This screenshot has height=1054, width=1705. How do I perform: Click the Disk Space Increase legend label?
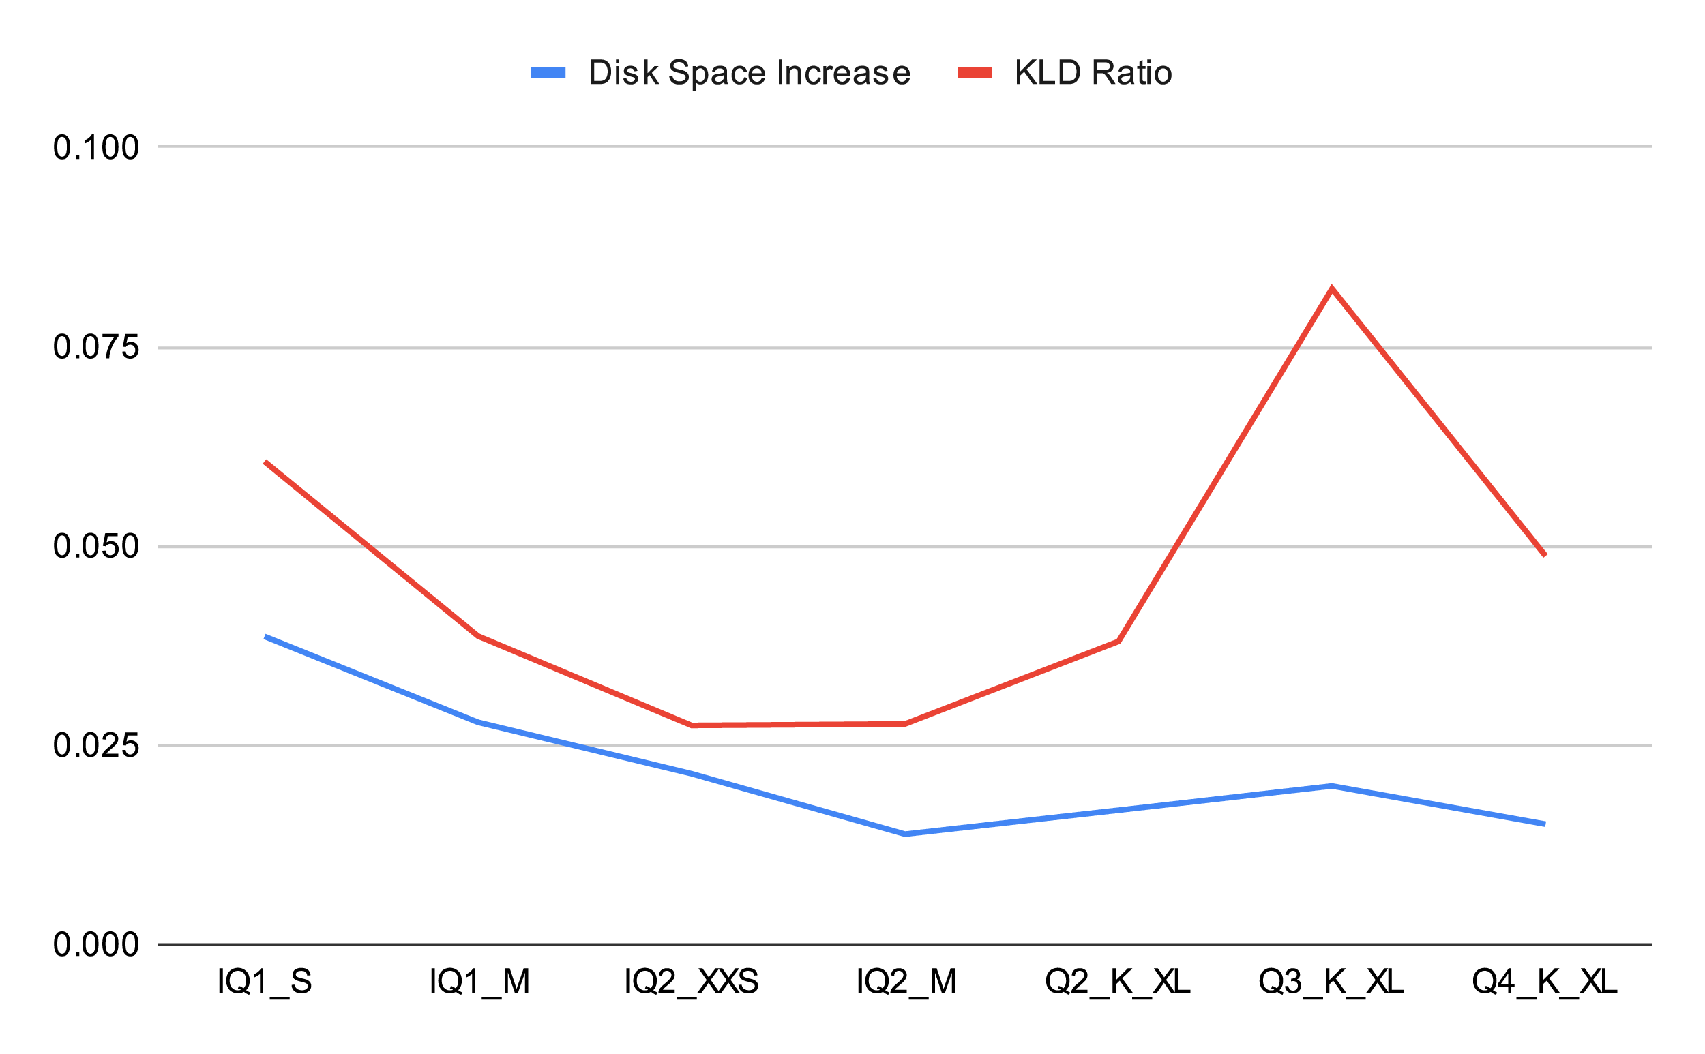pyautogui.click(x=749, y=72)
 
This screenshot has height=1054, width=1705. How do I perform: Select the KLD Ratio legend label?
pyautogui.click(x=1093, y=72)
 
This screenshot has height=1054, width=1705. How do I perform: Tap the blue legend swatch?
pyautogui.click(x=548, y=72)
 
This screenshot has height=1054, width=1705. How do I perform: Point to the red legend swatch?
pyautogui.click(x=974, y=72)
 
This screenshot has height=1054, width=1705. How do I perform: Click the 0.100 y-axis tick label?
pyautogui.click(x=96, y=148)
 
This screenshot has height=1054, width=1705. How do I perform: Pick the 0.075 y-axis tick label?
pyautogui.click(x=96, y=347)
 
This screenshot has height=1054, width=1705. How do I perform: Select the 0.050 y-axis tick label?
pyautogui.click(x=96, y=547)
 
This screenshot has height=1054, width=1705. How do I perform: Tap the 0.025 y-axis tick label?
pyautogui.click(x=96, y=746)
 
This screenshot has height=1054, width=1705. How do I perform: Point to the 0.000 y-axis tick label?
pyautogui.click(x=96, y=945)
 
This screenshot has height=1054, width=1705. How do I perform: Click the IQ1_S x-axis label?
pyautogui.click(x=265, y=982)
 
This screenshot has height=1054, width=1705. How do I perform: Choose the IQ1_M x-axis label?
pyautogui.click(x=479, y=982)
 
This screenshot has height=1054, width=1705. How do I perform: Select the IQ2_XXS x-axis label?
pyautogui.click(x=691, y=982)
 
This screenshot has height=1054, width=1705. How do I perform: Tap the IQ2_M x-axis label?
pyautogui.click(x=906, y=982)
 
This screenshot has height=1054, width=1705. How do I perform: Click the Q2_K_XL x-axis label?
pyautogui.click(x=1117, y=982)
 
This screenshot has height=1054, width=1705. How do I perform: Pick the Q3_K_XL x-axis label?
pyautogui.click(x=1331, y=982)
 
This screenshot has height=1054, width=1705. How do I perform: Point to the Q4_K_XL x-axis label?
pyautogui.click(x=1544, y=982)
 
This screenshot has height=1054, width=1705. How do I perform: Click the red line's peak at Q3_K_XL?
pyautogui.click(x=1331, y=288)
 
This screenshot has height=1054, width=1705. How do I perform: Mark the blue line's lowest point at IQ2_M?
pyautogui.click(x=904, y=834)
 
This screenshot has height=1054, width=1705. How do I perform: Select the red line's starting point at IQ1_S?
pyautogui.click(x=266, y=462)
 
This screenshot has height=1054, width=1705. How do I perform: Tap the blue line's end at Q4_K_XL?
pyautogui.click(x=1545, y=824)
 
